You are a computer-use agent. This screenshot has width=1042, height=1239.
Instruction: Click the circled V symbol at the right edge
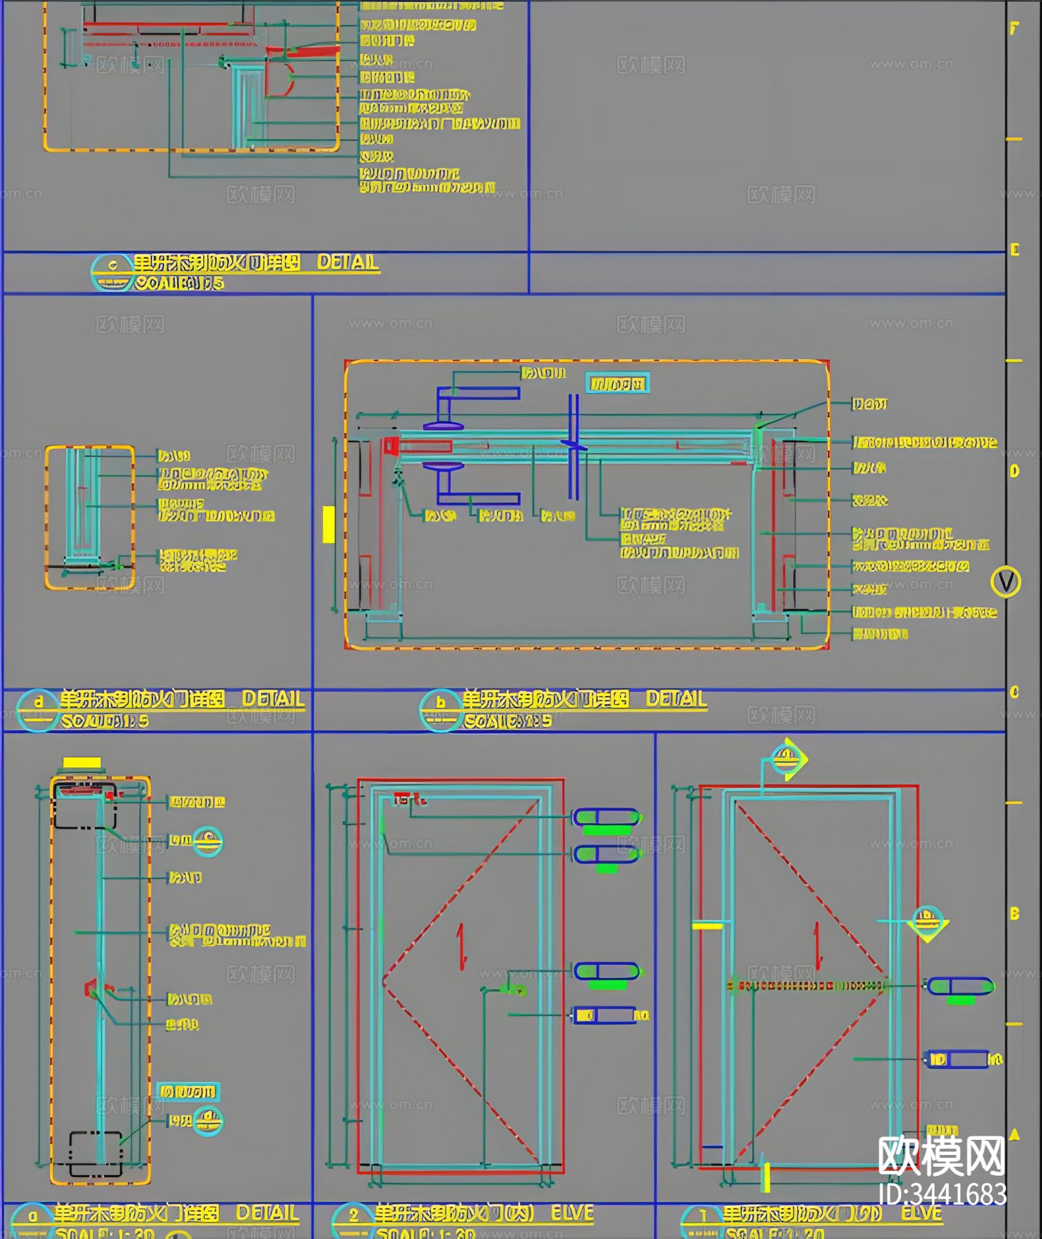[1005, 582]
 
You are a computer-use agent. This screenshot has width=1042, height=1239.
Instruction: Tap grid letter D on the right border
[1014, 472]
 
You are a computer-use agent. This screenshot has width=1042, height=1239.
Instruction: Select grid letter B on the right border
[1014, 914]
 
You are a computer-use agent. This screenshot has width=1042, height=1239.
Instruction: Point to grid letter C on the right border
[1014, 692]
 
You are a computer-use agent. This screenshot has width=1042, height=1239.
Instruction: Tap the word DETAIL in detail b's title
[676, 699]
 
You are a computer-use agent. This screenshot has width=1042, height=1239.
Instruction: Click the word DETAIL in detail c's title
[348, 262]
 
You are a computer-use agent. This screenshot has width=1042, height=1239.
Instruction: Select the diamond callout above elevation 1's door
[786, 759]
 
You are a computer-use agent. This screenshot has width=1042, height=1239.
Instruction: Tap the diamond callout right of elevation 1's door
[928, 922]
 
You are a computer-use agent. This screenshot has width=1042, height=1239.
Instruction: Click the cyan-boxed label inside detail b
[617, 383]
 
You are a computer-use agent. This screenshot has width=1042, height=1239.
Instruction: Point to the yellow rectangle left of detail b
[329, 525]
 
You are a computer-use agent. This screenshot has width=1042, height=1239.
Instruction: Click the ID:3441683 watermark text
[943, 1194]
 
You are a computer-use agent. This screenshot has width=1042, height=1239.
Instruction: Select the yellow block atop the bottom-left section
[82, 763]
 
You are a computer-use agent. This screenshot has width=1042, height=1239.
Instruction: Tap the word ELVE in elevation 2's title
[572, 1213]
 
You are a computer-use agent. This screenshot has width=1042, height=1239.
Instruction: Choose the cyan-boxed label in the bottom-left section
[188, 1092]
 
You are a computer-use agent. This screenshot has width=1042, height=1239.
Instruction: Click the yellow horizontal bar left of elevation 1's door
[707, 926]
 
